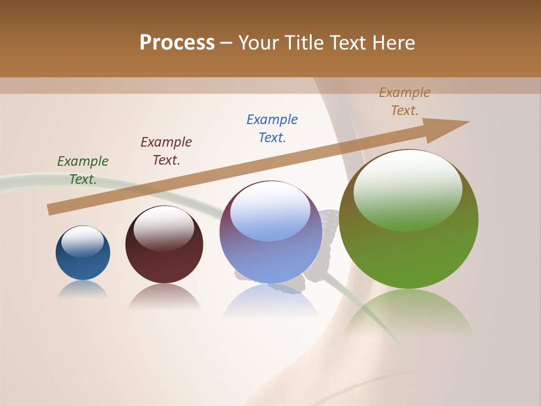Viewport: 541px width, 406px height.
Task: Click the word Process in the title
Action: [x=177, y=43]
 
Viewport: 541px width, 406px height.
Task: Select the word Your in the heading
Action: [x=260, y=43]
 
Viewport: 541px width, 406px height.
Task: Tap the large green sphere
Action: [x=409, y=254]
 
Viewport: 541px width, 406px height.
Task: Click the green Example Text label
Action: [x=83, y=170]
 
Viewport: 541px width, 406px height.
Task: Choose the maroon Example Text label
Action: [x=166, y=151]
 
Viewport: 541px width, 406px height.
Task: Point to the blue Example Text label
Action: [x=272, y=129]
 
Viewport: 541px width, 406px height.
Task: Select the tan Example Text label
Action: [x=405, y=101]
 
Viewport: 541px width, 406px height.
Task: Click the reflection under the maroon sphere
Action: [x=164, y=296]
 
